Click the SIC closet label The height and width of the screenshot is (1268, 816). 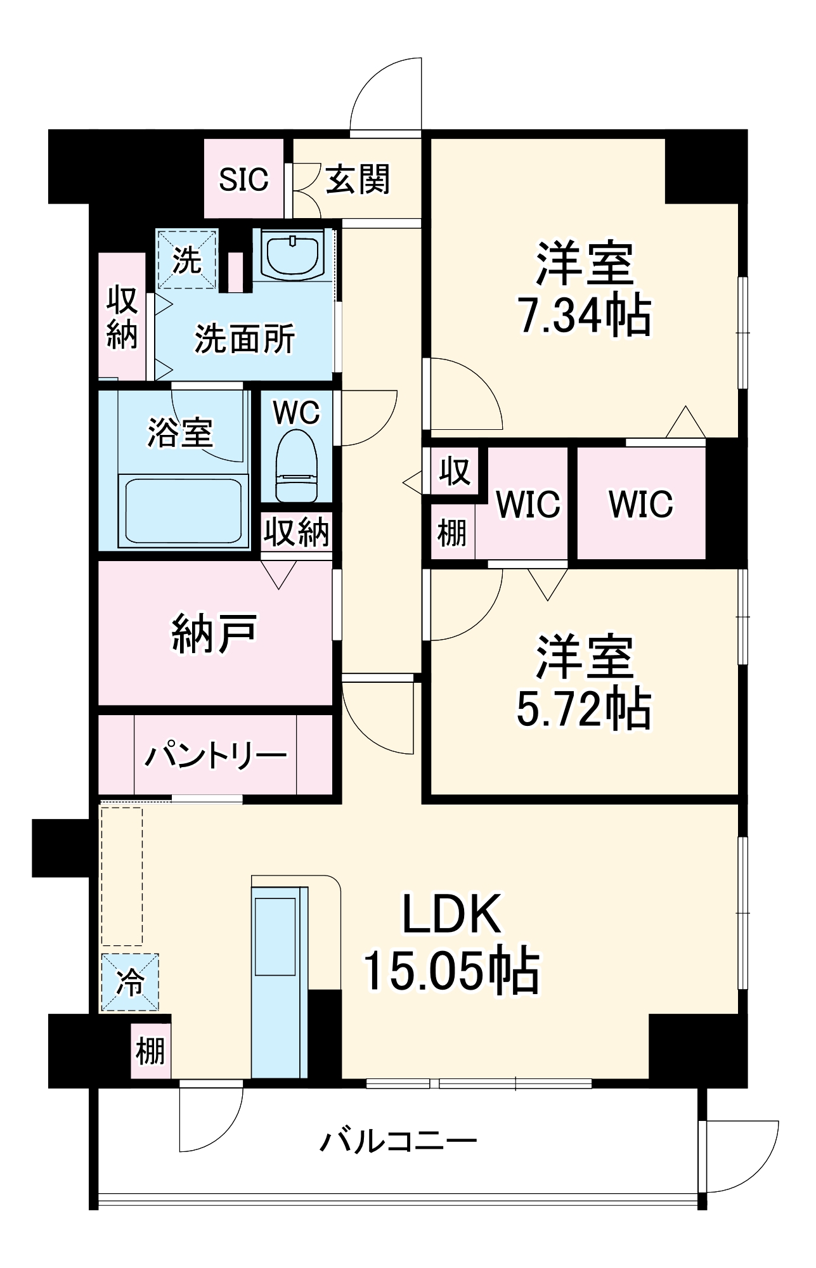coord(243,179)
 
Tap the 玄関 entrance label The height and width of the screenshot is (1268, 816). coord(358,179)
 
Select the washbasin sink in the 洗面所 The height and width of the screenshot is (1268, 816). coord(292,255)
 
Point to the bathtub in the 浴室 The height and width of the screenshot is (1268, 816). coord(183,510)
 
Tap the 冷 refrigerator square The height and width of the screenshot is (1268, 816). coord(130,982)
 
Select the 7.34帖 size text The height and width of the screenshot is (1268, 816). coord(585,315)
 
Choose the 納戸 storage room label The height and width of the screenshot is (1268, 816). coord(214,633)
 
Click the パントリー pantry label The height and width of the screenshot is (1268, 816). coord(216,755)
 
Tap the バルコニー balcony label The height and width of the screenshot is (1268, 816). coord(398,1141)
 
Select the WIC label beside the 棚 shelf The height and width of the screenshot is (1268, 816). coord(528,504)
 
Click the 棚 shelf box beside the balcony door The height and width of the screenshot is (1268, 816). coord(150,1051)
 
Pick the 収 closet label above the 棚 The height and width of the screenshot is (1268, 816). coord(455,471)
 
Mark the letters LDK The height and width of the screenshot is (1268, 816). coord(451,914)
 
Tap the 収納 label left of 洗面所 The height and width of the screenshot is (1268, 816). coord(122,317)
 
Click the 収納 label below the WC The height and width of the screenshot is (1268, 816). coord(297,531)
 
